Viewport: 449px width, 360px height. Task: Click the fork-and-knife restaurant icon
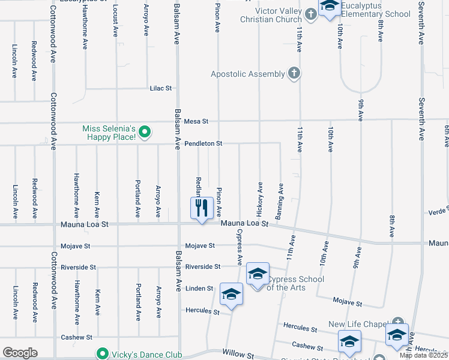pos(202,208)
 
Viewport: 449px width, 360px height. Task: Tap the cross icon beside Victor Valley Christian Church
pos(310,13)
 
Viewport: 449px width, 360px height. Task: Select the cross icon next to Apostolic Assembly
pos(293,74)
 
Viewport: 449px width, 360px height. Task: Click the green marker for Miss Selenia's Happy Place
pos(144,131)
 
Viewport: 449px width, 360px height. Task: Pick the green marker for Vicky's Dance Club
pos(102,353)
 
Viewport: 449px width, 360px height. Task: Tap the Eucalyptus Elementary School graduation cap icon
pos(328,7)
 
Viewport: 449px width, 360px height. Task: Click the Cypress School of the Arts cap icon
pos(258,275)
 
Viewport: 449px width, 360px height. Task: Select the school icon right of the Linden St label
pos(231,294)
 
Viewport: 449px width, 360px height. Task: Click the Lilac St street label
pos(160,88)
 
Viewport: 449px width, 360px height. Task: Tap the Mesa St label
pos(196,121)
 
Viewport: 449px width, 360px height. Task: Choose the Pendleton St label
pos(203,144)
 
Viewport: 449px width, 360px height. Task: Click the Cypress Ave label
pos(239,247)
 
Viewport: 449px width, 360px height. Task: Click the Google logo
pos(20,353)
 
